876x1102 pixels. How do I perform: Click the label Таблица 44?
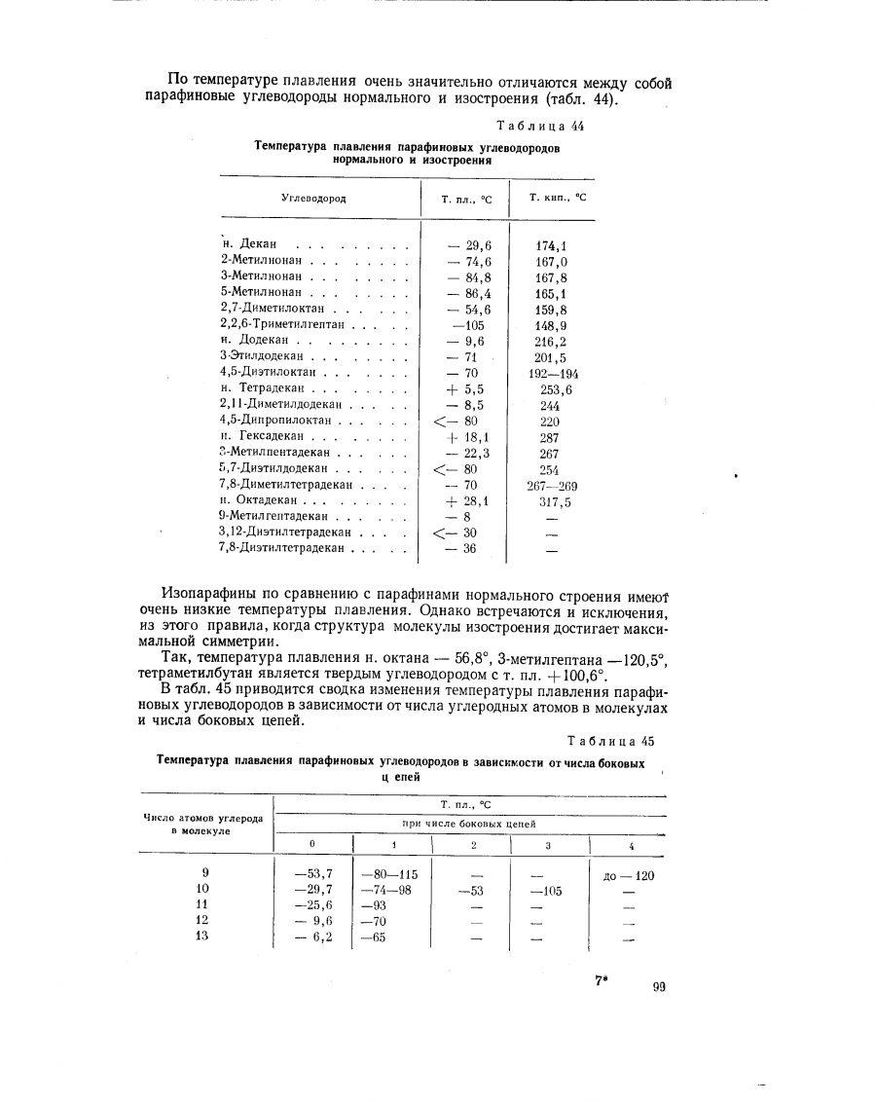click(540, 126)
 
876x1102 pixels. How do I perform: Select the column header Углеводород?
click(313, 199)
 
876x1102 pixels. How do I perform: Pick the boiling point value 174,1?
click(551, 245)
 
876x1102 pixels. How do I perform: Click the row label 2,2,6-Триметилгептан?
click(282, 325)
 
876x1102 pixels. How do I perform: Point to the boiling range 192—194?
click(552, 373)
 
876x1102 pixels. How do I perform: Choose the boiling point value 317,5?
click(554, 502)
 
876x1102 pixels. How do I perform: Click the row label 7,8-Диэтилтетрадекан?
click(283, 549)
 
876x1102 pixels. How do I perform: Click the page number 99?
click(659, 987)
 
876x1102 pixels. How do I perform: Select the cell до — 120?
click(628, 875)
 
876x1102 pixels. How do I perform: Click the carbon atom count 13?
click(202, 937)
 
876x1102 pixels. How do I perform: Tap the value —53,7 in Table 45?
click(313, 874)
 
